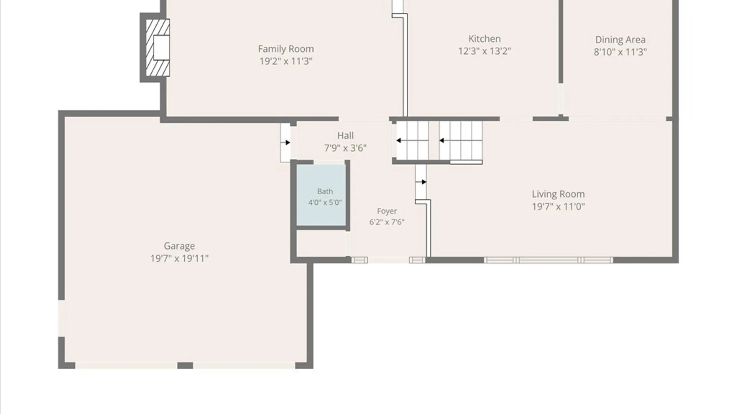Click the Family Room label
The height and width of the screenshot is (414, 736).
pos(286,49)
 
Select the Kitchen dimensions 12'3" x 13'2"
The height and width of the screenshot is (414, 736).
pos(485,51)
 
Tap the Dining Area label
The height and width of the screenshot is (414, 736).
pos(620,39)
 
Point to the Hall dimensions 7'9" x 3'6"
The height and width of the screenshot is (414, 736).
pos(345,148)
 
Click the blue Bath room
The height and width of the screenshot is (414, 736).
pos(321,195)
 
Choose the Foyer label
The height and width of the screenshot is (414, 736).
pos(387,211)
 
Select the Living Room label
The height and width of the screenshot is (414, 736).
pos(558,194)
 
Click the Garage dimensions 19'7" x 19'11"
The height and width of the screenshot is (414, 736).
pos(179,258)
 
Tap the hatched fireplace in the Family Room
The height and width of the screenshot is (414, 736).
pos(158,48)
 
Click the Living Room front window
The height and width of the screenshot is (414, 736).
pos(548,260)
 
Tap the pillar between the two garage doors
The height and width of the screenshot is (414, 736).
pos(185,366)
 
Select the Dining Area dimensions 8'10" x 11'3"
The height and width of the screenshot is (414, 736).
pos(620,52)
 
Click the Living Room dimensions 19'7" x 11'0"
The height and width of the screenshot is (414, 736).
pos(558,207)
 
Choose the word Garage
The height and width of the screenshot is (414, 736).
pos(179,246)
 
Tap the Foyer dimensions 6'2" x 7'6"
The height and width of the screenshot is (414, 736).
pos(387,222)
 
